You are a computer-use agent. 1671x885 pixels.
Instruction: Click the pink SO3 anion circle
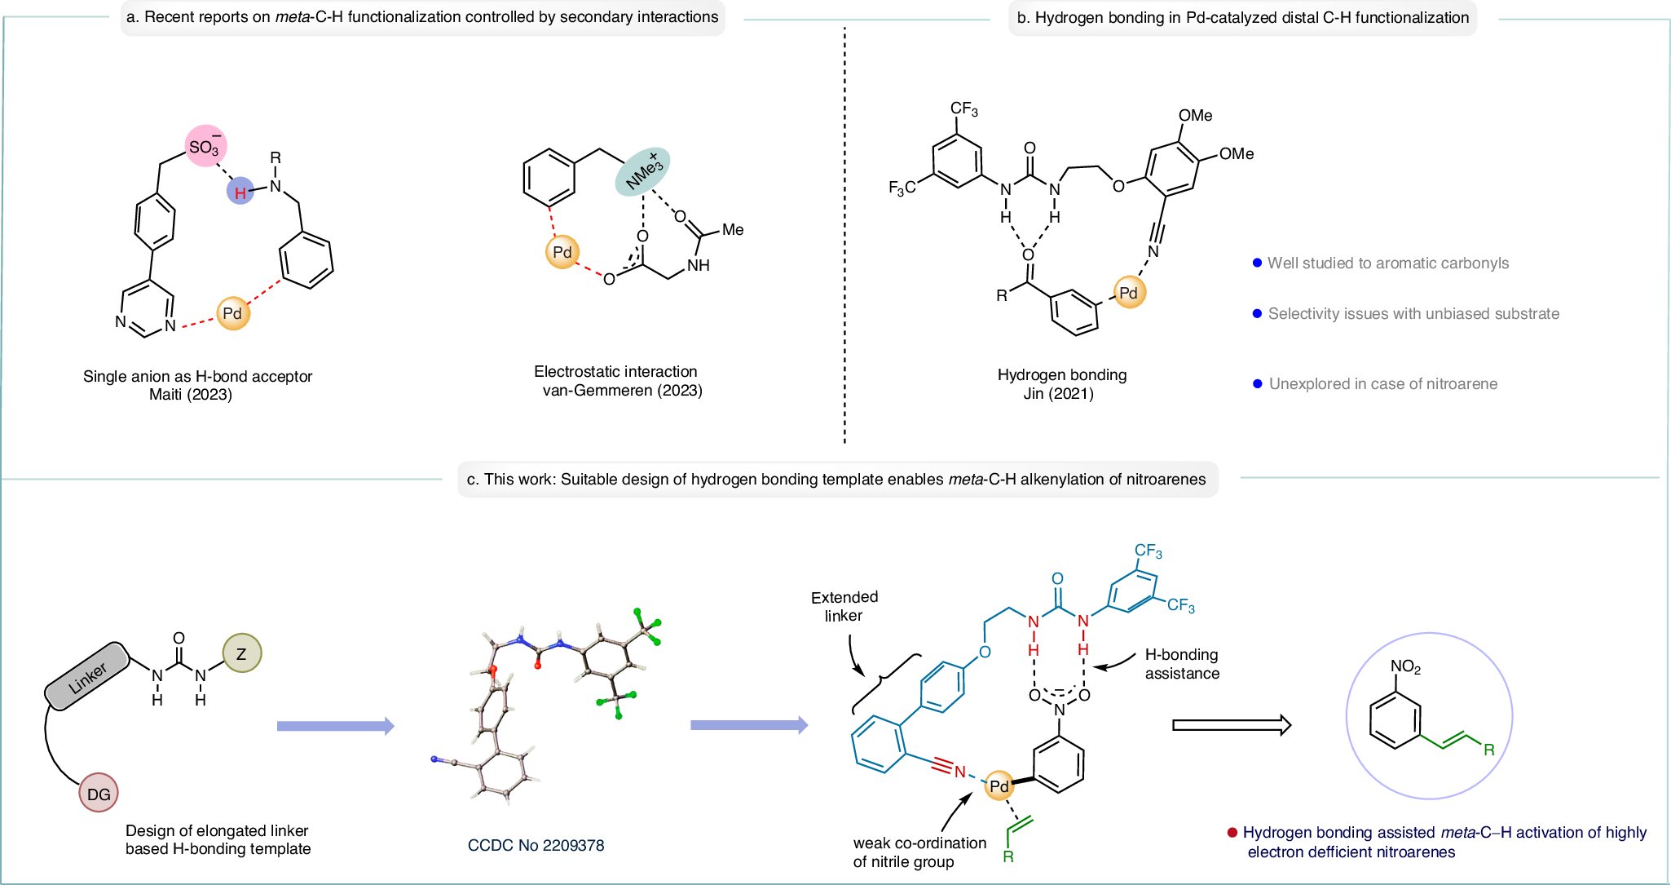205,146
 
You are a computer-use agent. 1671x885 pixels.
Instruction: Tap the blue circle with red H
240,192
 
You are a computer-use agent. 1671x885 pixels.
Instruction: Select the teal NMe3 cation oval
642,171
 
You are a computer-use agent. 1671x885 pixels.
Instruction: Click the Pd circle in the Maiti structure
232,313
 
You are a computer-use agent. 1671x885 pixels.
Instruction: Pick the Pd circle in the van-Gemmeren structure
562,252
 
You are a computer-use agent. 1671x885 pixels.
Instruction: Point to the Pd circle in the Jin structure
1128,293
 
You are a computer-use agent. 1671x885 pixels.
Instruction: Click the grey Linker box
87,676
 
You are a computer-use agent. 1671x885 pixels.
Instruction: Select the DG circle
99,794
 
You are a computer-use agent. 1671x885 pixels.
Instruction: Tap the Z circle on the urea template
241,653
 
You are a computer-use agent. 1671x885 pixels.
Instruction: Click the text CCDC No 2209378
536,845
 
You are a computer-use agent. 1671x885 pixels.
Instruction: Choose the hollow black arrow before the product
1231,724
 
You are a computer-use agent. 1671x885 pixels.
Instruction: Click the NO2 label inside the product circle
1405,666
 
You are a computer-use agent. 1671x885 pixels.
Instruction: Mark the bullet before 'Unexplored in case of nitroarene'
1257,383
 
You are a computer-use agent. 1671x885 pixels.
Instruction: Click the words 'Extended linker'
844,606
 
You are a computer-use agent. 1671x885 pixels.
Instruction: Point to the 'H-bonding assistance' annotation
1181,663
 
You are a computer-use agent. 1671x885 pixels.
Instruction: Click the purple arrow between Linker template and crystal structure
335,726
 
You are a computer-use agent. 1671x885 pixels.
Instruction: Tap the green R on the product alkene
1488,750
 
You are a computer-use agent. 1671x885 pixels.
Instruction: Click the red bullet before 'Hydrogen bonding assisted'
1232,833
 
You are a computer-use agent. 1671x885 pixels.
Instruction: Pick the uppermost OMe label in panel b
1195,116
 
